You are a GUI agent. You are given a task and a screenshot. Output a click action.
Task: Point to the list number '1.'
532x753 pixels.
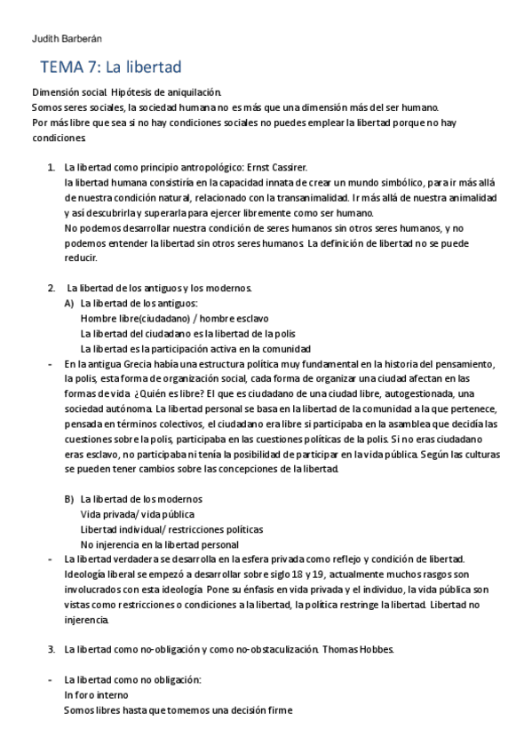(x=51, y=167)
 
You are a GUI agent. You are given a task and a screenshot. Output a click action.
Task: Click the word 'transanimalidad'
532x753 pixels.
(x=304, y=198)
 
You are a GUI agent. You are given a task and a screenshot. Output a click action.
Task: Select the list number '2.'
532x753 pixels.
(x=51, y=288)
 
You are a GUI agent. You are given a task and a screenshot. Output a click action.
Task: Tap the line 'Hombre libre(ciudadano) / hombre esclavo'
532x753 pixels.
(x=174, y=318)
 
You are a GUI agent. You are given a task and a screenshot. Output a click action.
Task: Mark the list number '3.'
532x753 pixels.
(x=51, y=650)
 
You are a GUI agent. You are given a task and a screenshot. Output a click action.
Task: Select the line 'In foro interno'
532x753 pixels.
(x=96, y=695)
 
